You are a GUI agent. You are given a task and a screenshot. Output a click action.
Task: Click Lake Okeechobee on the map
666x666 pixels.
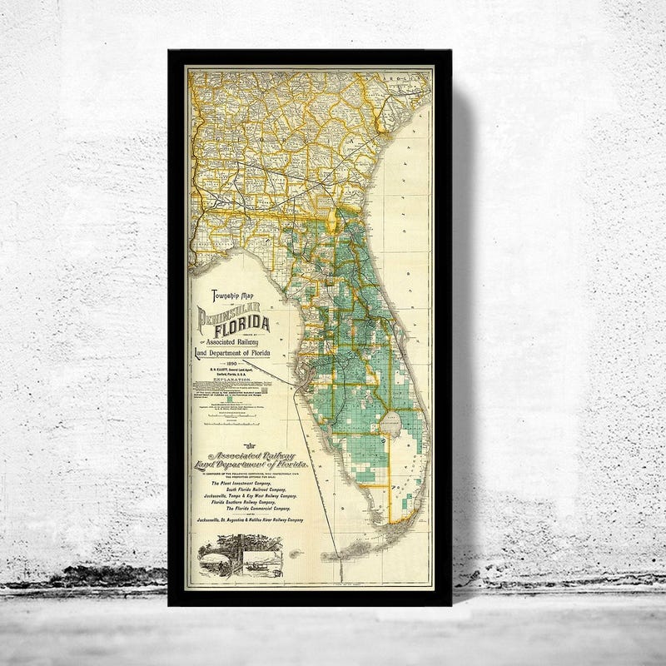pyautogui.click(x=391, y=425)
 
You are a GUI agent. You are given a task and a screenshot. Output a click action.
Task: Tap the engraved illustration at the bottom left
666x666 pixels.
pyautogui.click(x=239, y=554)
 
